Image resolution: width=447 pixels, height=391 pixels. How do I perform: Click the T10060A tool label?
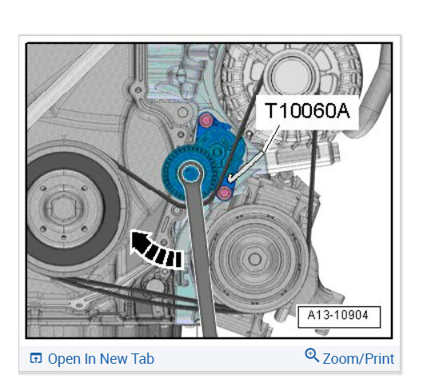307,111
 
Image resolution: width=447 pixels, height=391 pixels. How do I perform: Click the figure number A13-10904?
338,315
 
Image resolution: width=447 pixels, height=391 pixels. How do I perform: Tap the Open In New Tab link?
92,358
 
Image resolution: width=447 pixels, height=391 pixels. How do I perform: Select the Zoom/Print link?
358,358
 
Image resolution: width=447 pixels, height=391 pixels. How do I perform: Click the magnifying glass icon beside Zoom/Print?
312,355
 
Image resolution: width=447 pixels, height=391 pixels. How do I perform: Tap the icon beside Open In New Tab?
36,358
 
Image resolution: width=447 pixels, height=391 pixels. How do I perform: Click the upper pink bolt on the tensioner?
206,120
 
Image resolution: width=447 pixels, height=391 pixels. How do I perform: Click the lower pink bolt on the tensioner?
224,193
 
